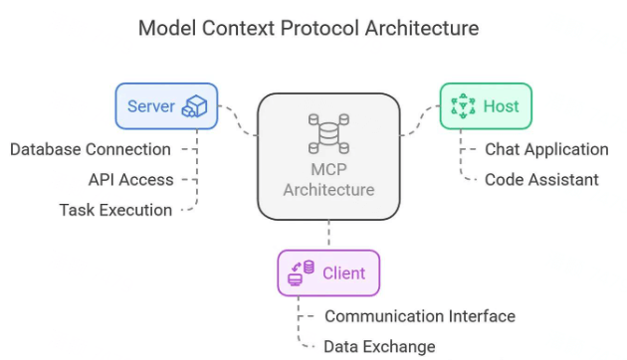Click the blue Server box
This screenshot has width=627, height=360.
[x=165, y=106]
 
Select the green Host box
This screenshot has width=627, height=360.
[x=486, y=106]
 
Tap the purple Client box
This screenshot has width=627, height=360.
[x=327, y=272]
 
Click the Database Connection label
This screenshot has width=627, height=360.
[x=90, y=149]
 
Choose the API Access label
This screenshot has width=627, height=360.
[x=130, y=180]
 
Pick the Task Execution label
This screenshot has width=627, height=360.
[x=114, y=210]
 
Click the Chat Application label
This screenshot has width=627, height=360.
[x=545, y=149]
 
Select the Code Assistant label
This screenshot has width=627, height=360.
[x=540, y=180]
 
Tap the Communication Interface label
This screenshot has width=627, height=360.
[x=419, y=316]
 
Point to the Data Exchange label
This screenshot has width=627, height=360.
[x=379, y=346]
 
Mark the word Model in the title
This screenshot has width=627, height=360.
[x=165, y=28]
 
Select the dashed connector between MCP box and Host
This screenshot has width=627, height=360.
[x=418, y=121]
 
